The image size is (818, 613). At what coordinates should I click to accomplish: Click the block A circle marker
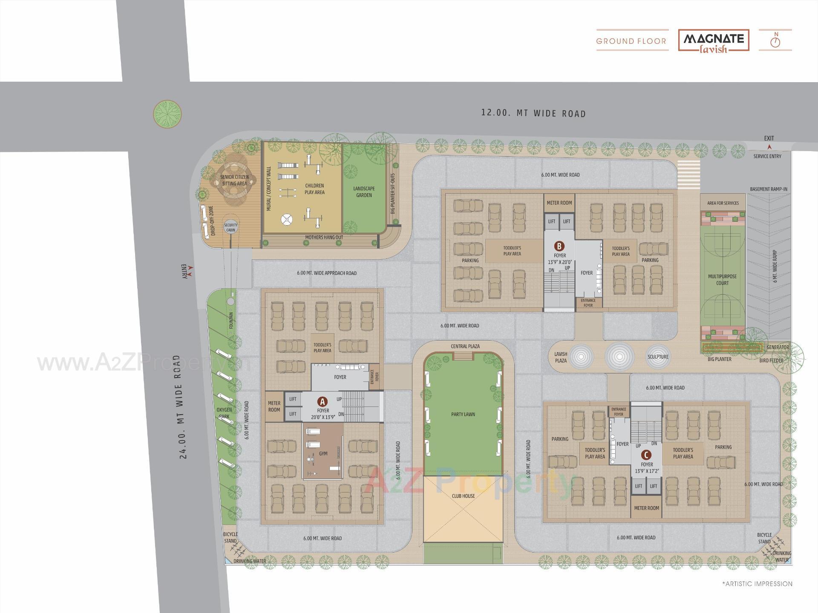(x=323, y=401)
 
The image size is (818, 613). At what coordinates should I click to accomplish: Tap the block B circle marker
(x=559, y=246)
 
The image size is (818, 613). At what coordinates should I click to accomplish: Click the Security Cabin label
(x=230, y=227)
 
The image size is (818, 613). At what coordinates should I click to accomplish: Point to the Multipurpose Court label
(x=722, y=280)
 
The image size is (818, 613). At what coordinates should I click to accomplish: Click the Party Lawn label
(x=463, y=414)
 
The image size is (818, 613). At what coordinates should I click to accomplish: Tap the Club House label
(x=463, y=496)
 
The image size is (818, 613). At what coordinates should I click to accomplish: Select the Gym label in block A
(x=323, y=454)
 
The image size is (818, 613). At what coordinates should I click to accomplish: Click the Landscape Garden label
(x=364, y=192)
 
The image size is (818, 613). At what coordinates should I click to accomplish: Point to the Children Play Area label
(x=314, y=189)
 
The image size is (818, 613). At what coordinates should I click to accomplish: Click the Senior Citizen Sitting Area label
(x=234, y=180)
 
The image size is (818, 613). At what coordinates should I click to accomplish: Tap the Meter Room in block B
(x=559, y=203)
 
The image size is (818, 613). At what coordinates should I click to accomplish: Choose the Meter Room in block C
(x=646, y=508)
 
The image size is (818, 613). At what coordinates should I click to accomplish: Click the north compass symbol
(x=776, y=41)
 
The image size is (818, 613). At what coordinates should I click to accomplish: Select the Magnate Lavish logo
(x=714, y=41)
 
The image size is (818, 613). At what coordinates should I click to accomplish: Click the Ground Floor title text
(x=631, y=41)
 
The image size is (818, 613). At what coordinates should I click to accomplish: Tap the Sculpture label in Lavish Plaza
(x=658, y=357)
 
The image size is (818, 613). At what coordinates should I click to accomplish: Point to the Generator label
(x=778, y=347)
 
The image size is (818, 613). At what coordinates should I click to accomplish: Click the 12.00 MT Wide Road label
(x=533, y=113)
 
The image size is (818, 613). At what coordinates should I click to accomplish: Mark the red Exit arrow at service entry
(x=769, y=147)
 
